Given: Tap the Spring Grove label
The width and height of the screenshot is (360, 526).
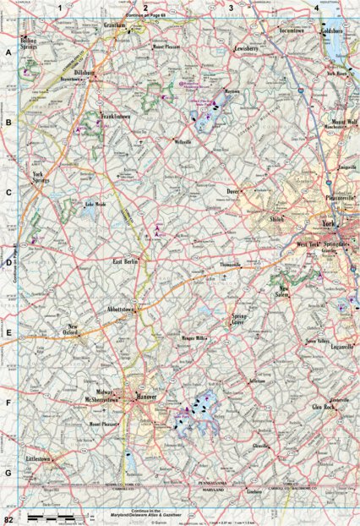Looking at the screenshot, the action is (x=244, y=320).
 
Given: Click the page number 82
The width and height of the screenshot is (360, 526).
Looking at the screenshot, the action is (x=8, y=517).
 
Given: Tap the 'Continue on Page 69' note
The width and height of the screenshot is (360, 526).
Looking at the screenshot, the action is (x=145, y=14).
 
